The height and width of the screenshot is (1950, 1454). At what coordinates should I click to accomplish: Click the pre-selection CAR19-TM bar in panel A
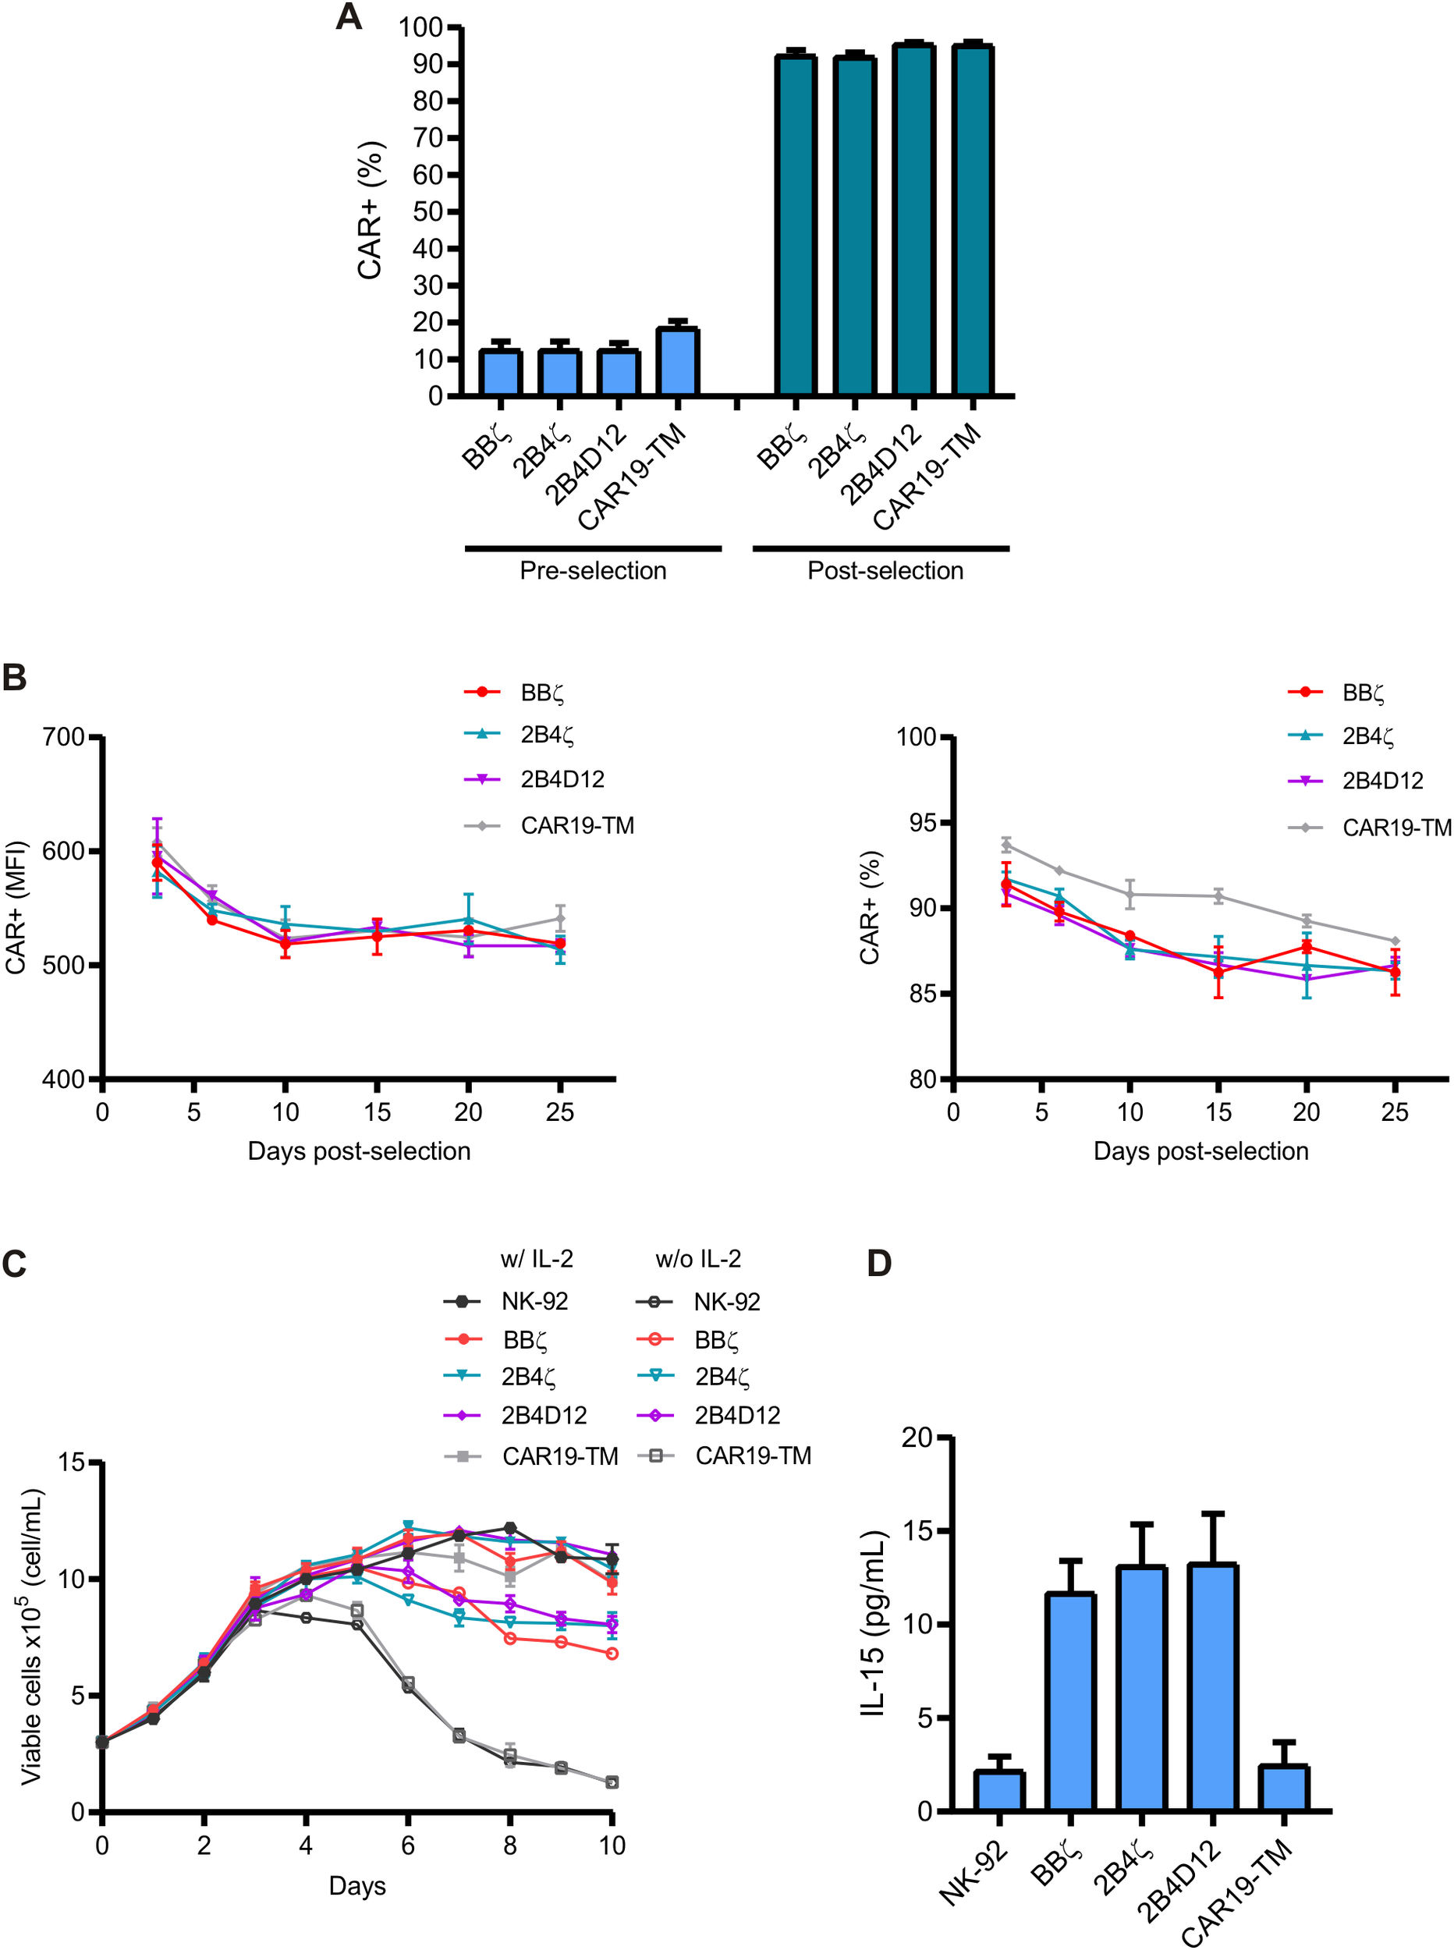coord(678,362)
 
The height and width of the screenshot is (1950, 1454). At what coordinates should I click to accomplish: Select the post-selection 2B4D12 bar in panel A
coord(913,220)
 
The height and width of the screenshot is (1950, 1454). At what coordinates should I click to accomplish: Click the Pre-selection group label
coord(592,571)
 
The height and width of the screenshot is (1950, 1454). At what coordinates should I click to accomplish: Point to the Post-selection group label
coord(885,571)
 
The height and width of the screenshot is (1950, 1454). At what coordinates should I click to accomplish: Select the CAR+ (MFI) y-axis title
coord(16,907)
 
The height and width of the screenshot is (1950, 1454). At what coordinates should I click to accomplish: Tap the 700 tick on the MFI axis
coord(63,736)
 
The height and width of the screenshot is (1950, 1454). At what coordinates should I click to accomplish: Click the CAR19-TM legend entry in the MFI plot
coord(576,825)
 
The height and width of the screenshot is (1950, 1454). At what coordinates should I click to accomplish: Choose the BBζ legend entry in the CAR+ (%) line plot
coord(1363,693)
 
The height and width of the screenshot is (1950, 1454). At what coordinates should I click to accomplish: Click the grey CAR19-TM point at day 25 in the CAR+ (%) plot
coord(1395,941)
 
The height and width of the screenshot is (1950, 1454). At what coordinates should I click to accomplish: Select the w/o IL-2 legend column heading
coord(698,1259)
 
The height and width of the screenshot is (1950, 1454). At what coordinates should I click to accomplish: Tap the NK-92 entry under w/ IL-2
coord(534,1302)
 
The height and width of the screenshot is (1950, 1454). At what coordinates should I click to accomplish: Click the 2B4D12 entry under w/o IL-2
coord(736,1415)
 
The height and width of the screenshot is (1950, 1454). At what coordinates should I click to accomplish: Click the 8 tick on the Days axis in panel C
coord(509,1845)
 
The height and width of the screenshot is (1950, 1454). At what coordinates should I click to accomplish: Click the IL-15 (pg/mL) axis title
coord(873,1623)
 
